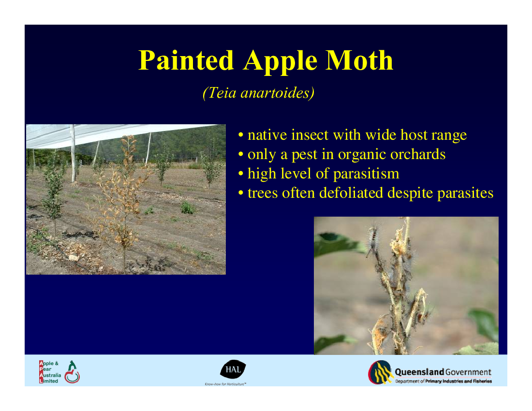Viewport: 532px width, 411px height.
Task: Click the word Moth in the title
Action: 359,60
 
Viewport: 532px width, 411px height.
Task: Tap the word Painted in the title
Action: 186,60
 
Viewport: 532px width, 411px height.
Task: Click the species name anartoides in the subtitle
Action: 278,93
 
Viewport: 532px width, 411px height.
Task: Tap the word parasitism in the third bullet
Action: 366,174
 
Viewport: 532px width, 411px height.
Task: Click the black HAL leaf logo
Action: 233,369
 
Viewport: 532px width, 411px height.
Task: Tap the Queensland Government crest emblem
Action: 380,372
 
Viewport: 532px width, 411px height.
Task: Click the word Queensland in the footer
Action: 419,372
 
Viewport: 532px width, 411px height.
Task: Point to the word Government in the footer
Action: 468,372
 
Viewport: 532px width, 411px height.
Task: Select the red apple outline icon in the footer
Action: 72,376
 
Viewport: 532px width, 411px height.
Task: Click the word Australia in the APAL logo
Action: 50,375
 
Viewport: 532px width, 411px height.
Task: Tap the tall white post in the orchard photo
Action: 73,154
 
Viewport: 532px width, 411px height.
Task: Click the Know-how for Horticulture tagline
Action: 225,384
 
